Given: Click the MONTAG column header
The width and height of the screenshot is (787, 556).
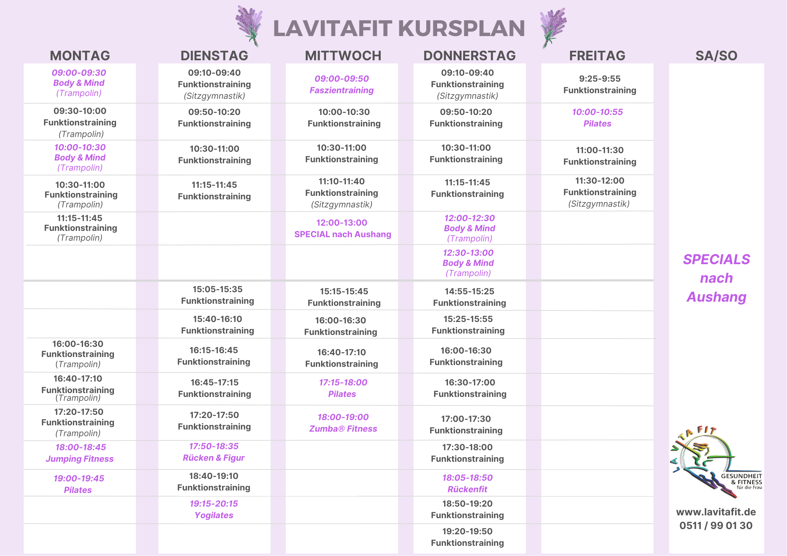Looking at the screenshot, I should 80,56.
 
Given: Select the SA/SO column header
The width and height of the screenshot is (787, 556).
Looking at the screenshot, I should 716,56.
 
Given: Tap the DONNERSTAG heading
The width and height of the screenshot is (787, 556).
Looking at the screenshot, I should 469,56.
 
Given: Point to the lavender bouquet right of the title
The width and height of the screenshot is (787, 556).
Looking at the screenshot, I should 553,26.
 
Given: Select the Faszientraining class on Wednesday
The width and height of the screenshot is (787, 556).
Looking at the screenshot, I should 341,90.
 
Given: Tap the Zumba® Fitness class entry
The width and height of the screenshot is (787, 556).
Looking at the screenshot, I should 343,429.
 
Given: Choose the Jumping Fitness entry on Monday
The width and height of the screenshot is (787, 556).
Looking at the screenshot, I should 80,459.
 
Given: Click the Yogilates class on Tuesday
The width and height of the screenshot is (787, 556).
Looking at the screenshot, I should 214,515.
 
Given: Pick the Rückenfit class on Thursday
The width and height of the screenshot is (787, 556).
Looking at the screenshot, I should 467,489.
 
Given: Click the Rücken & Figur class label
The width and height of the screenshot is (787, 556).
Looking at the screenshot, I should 213,458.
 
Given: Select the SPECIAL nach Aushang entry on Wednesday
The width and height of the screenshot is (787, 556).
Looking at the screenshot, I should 342,234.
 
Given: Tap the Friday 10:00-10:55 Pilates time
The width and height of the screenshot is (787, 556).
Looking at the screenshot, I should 597,112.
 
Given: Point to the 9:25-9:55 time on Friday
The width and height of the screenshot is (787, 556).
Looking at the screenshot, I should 599,79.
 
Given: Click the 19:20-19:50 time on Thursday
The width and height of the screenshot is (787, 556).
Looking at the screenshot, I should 467,531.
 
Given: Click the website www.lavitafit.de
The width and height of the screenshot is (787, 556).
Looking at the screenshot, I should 716,512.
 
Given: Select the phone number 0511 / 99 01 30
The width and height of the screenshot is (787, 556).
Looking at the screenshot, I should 716,526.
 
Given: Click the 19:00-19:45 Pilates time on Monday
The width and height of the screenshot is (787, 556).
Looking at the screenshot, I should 79,479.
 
